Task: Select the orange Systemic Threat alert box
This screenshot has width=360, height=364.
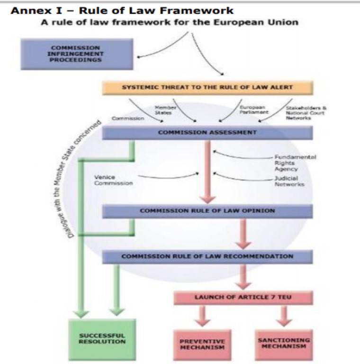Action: [x=207, y=87]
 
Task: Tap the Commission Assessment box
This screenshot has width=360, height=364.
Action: [x=207, y=133]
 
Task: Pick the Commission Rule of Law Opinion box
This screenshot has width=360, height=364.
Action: [x=207, y=211]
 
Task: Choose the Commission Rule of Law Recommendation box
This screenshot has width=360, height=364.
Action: [x=207, y=256]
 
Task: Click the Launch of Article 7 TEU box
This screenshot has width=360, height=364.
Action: [x=243, y=298]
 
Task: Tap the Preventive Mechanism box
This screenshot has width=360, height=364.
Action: [x=202, y=344]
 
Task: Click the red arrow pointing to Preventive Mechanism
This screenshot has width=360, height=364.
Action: [x=202, y=316]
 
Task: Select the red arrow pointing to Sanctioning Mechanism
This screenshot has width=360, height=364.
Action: [x=284, y=316]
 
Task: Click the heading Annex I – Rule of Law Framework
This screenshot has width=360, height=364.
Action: [x=122, y=10]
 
